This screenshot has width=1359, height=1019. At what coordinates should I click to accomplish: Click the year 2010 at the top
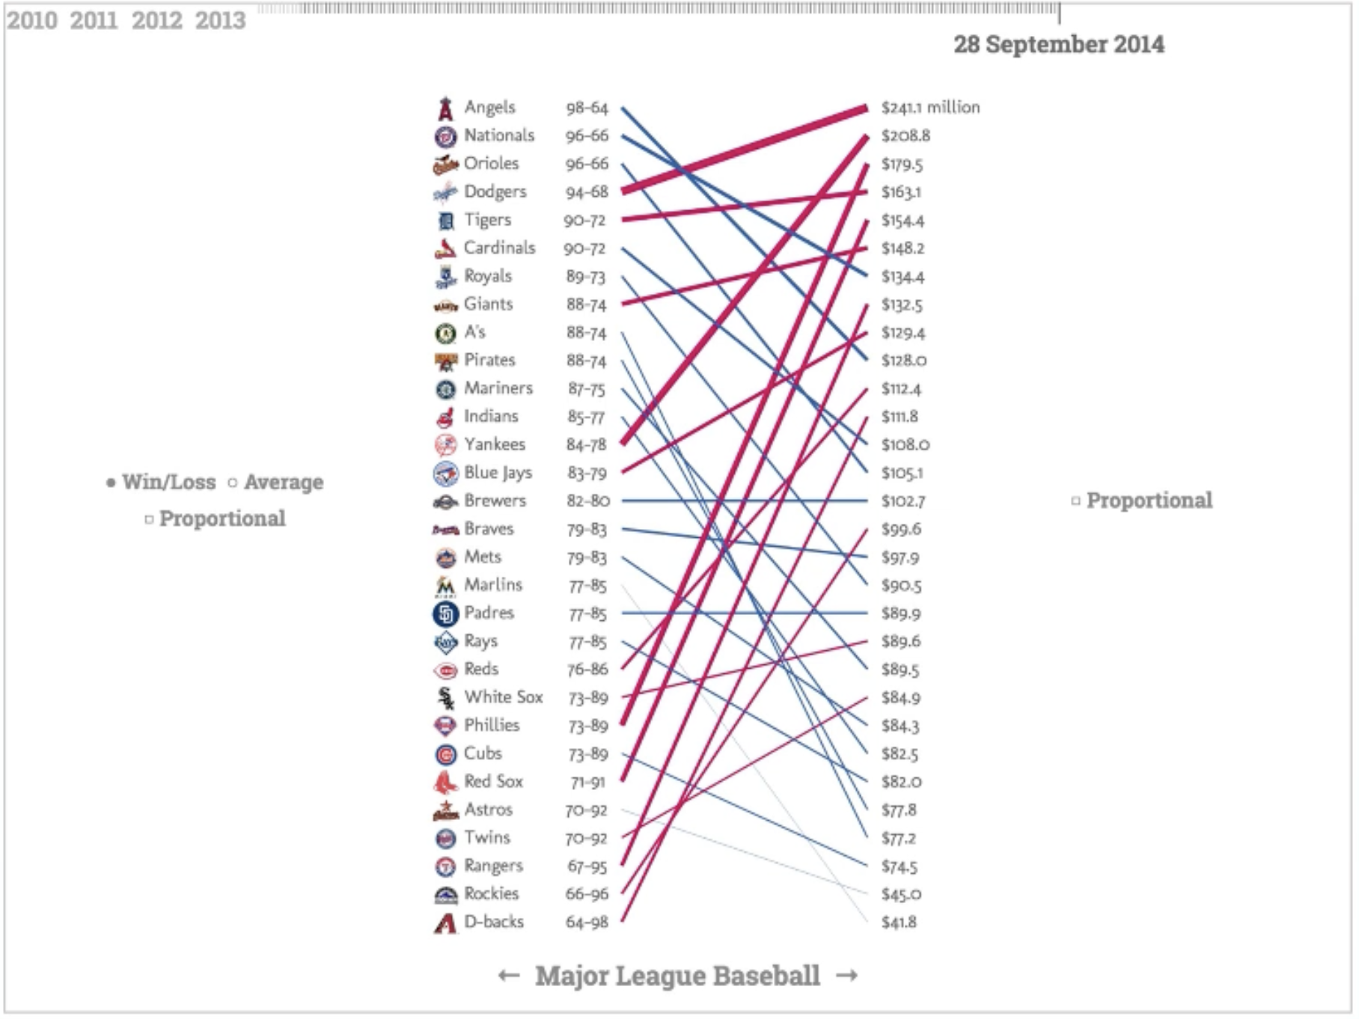pyautogui.click(x=32, y=20)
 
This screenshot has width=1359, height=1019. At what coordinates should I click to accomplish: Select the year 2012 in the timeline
pyautogui.click(x=157, y=20)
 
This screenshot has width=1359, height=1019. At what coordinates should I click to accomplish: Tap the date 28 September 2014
pyautogui.click(x=1058, y=44)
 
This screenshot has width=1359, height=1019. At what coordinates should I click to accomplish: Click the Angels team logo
pyautogui.click(x=445, y=108)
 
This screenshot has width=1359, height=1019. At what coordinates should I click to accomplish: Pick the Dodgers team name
pyautogui.click(x=495, y=192)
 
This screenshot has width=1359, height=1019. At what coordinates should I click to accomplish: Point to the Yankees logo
pyautogui.click(x=445, y=445)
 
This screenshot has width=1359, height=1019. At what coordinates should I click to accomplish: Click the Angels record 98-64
pyautogui.click(x=587, y=108)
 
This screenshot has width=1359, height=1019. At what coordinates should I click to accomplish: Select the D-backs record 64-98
pyautogui.click(x=587, y=922)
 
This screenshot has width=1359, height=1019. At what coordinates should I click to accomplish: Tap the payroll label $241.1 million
pyautogui.click(x=930, y=108)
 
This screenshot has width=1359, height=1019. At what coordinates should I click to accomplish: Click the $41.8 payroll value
pyautogui.click(x=898, y=922)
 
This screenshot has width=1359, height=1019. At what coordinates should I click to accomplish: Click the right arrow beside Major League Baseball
pyautogui.click(x=847, y=976)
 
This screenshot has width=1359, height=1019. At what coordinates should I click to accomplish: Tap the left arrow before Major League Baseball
pyautogui.click(x=509, y=976)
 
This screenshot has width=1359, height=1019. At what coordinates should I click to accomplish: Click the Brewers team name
pyautogui.click(x=495, y=501)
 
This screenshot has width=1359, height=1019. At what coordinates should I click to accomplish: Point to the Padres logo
pyautogui.click(x=445, y=614)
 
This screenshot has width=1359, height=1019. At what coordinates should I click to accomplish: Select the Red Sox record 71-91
pyautogui.click(x=587, y=783)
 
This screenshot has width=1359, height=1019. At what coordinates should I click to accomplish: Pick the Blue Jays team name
pyautogui.click(x=498, y=473)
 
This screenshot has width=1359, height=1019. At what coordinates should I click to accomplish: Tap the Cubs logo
pyautogui.click(x=445, y=754)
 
